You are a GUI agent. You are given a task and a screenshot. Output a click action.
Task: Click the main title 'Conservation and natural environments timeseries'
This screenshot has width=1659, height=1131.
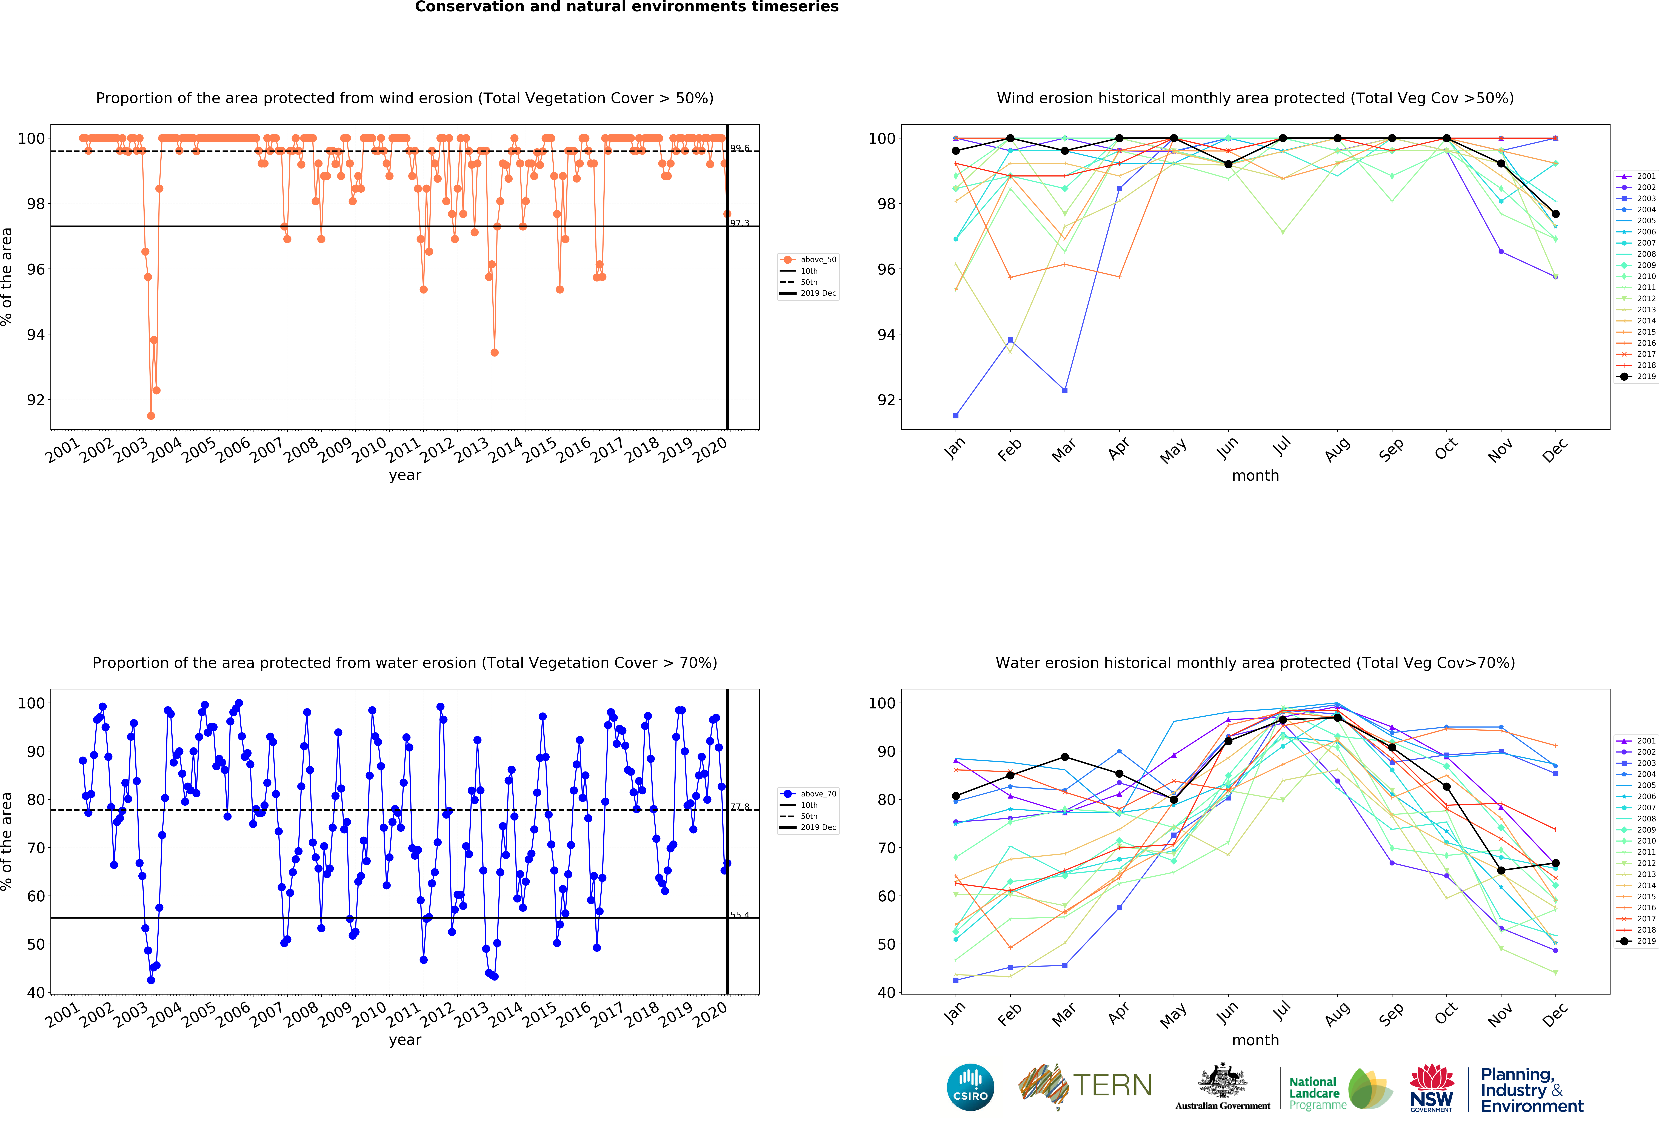click(x=626, y=7)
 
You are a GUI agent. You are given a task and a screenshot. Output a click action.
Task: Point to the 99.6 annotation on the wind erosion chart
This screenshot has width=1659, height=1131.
click(x=739, y=149)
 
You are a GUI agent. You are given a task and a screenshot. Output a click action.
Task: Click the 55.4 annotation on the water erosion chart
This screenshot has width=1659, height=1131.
click(x=739, y=915)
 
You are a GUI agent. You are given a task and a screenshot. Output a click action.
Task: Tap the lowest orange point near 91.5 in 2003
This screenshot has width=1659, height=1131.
click(x=151, y=415)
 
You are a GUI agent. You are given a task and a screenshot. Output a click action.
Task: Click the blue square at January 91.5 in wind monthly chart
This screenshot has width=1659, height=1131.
click(x=956, y=415)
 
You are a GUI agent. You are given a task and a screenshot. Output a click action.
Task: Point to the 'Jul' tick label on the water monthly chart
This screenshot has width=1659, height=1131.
click(x=1282, y=1010)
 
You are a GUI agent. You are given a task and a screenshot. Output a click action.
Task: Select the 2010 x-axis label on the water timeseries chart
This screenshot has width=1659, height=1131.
click(x=370, y=1014)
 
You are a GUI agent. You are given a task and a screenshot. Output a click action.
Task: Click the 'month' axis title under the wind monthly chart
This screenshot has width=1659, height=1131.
click(x=1255, y=475)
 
